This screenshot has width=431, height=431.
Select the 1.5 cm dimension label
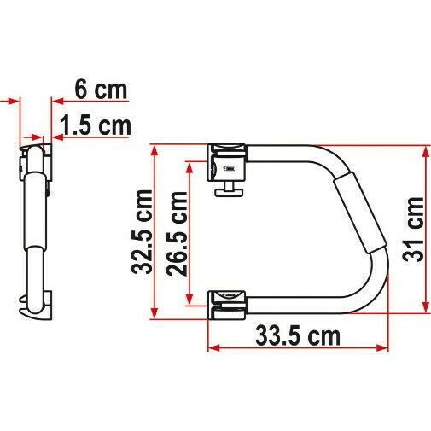96,125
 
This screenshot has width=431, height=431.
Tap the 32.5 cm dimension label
143,231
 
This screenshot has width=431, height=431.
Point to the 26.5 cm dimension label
177,234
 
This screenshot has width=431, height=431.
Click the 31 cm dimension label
413,230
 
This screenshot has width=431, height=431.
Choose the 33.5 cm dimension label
298,336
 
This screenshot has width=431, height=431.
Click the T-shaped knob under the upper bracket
230,189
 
